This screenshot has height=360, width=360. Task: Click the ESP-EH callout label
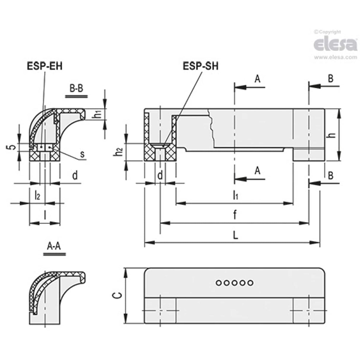[45, 66]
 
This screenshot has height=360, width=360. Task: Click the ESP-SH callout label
[200, 66]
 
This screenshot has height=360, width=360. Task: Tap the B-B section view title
[76, 89]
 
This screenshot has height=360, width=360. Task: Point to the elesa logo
[335, 44]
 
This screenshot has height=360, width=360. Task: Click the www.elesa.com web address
[335, 57]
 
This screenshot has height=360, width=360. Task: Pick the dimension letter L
[235, 235]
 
